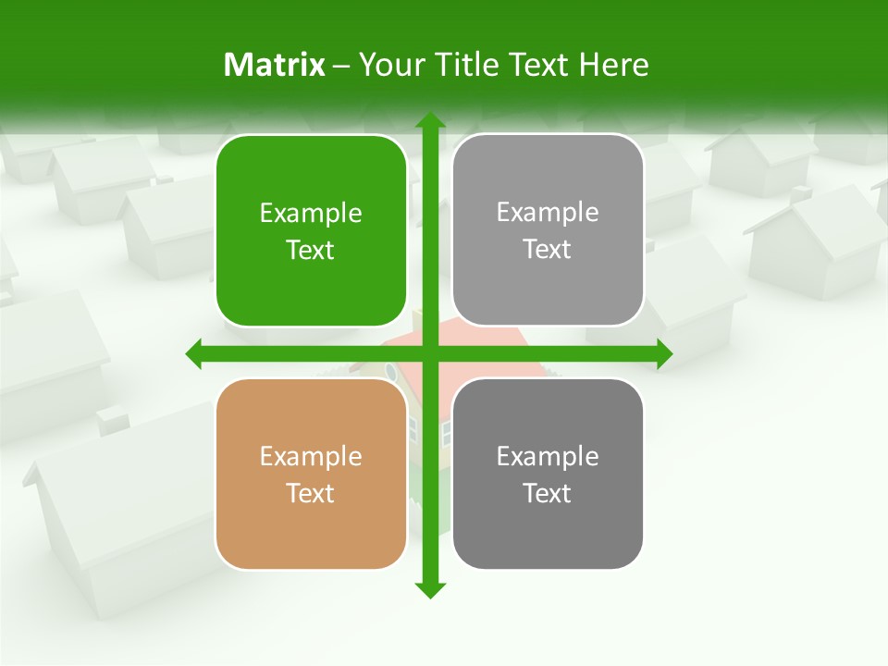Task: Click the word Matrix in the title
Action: tap(275, 65)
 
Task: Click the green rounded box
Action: tap(311, 231)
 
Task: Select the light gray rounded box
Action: tap(548, 230)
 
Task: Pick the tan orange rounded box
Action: tap(311, 474)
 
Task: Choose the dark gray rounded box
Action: tap(548, 474)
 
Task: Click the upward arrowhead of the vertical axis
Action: tap(429, 121)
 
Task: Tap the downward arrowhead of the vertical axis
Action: tap(429, 589)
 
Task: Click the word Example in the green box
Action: tap(311, 214)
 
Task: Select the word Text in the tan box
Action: tap(311, 493)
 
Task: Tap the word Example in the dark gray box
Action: tap(548, 456)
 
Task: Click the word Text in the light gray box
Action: tap(548, 249)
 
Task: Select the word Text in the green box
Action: tap(311, 250)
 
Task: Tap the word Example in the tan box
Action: tap(311, 456)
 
